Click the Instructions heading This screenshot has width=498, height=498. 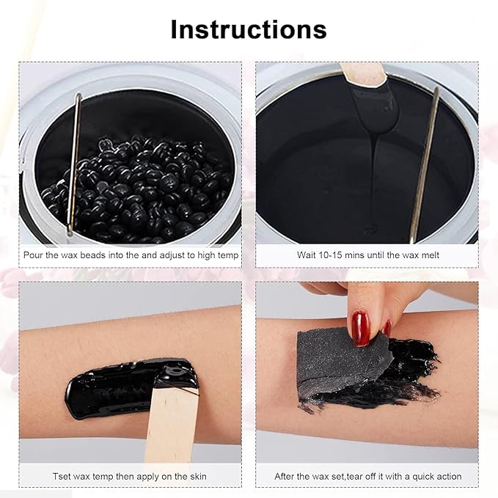click(x=249, y=29)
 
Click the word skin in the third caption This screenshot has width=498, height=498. click(x=196, y=476)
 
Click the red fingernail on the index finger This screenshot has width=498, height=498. click(x=359, y=327)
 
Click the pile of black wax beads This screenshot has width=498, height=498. click(x=139, y=187)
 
